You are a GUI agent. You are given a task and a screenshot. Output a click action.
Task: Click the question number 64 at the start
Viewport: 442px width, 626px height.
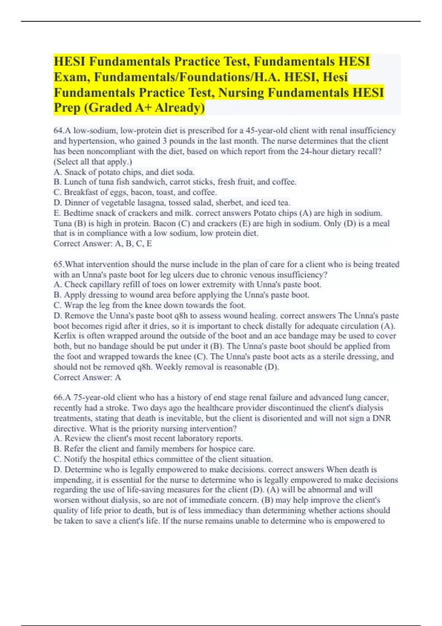click(59, 131)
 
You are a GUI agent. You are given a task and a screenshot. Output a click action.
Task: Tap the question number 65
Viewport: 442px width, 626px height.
click(59, 264)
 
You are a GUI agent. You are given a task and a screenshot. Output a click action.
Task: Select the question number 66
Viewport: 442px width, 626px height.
click(59, 398)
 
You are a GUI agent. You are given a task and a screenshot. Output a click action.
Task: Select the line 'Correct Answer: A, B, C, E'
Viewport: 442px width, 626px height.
click(103, 243)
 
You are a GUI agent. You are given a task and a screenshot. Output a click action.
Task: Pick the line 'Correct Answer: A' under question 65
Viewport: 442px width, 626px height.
click(87, 377)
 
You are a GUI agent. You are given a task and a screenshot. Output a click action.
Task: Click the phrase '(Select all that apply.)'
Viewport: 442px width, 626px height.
click(93, 162)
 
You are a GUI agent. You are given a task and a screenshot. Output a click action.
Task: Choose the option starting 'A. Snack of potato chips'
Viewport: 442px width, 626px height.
click(124, 172)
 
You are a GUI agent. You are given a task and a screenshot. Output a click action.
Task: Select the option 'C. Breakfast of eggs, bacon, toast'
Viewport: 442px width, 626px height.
click(135, 192)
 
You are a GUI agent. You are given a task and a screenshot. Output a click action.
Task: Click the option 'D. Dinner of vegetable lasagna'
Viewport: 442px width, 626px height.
click(172, 203)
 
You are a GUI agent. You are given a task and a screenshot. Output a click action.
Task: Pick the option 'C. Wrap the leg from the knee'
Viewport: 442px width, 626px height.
click(150, 305)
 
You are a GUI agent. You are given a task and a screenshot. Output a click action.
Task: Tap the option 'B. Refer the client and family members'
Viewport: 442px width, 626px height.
click(154, 449)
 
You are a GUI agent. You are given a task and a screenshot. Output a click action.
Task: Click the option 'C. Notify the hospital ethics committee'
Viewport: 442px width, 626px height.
click(163, 459)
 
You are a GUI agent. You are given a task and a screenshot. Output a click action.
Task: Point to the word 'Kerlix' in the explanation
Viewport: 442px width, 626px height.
click(64, 336)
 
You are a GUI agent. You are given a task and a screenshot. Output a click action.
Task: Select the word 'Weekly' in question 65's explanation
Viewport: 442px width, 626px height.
click(169, 367)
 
